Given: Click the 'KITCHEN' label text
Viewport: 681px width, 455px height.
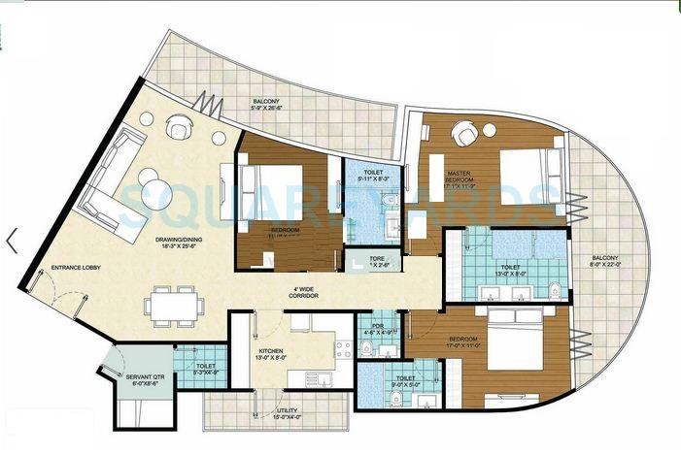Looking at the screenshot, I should [x=269, y=351].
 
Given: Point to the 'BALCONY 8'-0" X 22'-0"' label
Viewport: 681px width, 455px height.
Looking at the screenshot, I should [x=613, y=263].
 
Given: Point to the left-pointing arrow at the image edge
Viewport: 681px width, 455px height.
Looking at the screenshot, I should [x=11, y=241].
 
